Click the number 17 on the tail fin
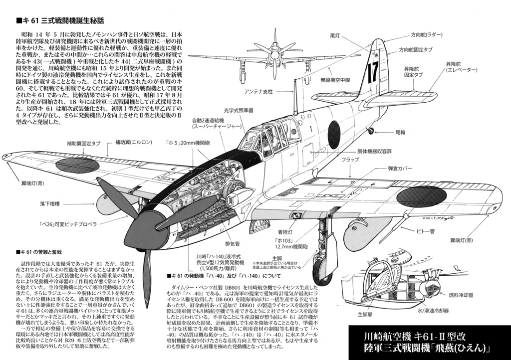pos(372,73)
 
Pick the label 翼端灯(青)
pos(30,183)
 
